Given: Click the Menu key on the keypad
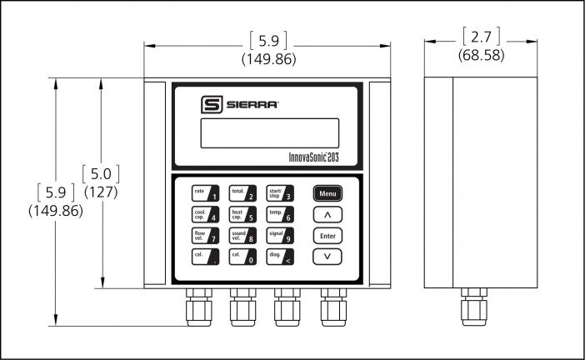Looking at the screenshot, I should click(x=327, y=193).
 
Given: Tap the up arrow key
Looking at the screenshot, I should click(x=327, y=215).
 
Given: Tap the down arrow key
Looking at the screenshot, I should click(x=327, y=257).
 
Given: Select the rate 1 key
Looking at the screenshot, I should click(x=205, y=194).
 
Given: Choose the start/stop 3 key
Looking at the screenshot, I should click(x=279, y=194).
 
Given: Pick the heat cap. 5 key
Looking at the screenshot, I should click(x=242, y=215).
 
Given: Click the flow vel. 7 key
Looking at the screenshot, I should click(x=205, y=236).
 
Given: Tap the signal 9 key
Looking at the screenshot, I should click(x=279, y=236).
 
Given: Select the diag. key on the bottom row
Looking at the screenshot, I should click(x=279, y=257).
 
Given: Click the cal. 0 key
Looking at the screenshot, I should click(x=242, y=257).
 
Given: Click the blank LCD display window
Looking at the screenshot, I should click(x=269, y=132).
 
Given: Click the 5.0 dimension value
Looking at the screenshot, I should click(x=101, y=174).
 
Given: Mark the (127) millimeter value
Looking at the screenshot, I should click(x=101, y=192).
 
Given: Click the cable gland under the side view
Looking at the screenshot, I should click(x=474, y=308).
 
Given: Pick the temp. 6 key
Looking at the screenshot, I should click(x=279, y=215).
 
